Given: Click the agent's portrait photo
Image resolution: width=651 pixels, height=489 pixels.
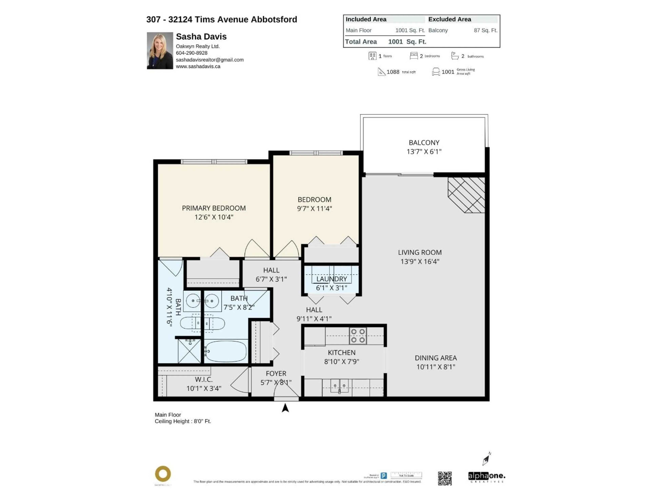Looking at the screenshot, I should point(160,51).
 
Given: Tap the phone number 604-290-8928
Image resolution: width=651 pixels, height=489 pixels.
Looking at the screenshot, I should point(192,53).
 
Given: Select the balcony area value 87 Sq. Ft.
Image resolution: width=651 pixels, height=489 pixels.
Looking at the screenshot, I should point(485,30).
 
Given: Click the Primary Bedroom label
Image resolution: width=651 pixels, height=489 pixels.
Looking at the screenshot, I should point(214,208).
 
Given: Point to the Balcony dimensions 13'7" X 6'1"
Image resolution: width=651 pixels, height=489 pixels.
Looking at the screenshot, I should point(424,151).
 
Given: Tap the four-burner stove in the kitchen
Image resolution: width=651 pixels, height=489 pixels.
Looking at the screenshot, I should point(358,336).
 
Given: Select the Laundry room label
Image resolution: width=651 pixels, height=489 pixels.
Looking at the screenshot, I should point(331,279).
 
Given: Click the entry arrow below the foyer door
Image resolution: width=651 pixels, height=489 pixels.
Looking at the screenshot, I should point(285,408).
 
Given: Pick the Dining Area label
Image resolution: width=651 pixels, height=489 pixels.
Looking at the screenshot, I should point(436,358).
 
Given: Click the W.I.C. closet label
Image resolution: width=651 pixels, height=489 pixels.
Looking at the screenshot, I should point(204,380).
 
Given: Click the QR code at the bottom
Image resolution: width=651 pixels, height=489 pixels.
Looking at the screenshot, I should point(445,478).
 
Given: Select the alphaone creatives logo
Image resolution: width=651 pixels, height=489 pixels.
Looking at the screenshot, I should point(487,477).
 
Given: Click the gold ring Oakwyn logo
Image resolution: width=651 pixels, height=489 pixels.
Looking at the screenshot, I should point(163,474).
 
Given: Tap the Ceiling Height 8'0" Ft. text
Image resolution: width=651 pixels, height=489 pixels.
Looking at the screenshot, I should point(183,421).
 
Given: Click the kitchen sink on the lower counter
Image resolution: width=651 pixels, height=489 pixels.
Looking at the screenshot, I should point(339,386).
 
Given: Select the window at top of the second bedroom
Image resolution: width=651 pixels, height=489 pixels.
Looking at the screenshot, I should point(316,153).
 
